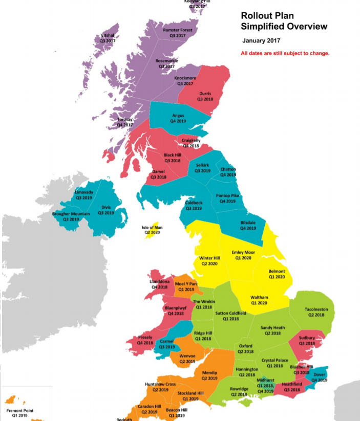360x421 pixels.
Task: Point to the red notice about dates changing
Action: click(285, 53)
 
